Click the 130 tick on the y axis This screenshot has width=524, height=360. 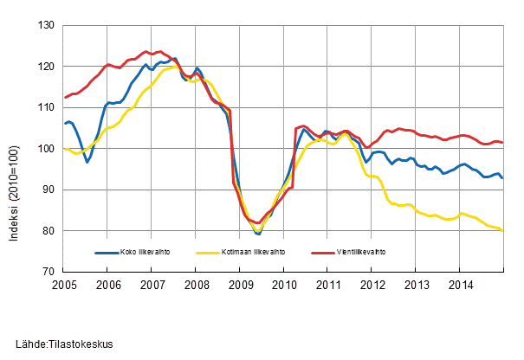49,25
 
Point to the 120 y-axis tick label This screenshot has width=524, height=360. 49,67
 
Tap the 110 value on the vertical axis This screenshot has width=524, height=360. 49,107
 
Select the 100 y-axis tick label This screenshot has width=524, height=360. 49,149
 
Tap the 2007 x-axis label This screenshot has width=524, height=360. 152,284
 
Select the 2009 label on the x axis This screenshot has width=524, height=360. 240,284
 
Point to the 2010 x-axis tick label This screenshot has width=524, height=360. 284,284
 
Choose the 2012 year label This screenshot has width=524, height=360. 372,284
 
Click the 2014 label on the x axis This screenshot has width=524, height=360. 460,284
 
